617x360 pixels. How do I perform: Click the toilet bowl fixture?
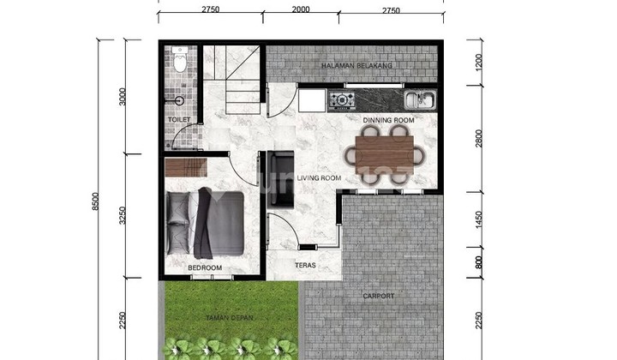tap(180, 59)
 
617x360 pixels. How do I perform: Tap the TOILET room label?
tap(179, 119)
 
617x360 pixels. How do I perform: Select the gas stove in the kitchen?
tap(342, 100)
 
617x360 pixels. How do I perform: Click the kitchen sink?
tap(420, 99)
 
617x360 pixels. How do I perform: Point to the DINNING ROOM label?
tap(388, 120)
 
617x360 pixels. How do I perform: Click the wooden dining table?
tap(385, 155)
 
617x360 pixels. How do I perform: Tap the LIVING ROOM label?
tap(319, 177)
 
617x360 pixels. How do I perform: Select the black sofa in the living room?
tap(280, 179)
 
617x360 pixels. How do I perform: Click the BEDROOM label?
tap(205, 267)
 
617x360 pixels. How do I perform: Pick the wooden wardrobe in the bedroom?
tap(186, 167)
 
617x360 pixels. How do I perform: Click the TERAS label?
tap(305, 265)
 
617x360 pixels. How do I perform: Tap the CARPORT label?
tap(378, 296)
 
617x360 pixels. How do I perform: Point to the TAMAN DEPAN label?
tap(230, 317)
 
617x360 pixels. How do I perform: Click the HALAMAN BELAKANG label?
tap(356, 66)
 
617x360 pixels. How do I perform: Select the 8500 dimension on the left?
tap(95, 201)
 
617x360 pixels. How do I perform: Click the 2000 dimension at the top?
tap(301, 9)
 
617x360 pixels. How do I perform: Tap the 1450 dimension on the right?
tap(478, 219)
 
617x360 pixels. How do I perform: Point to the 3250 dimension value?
tap(123, 216)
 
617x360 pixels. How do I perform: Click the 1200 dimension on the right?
tap(478, 63)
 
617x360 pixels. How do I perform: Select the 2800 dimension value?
tap(478, 139)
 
